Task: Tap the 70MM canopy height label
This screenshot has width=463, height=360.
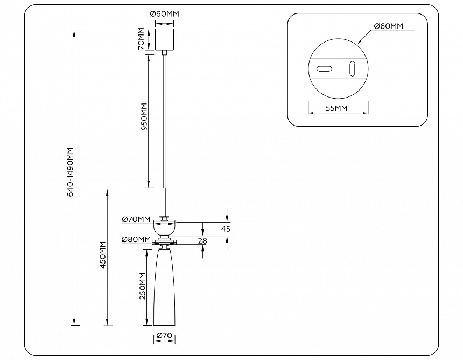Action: click(141, 39)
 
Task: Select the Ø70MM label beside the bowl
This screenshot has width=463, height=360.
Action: click(136, 219)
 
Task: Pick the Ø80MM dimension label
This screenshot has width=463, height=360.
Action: click(136, 239)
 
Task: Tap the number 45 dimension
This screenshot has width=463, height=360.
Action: click(226, 229)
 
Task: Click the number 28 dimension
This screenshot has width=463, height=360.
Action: click(202, 240)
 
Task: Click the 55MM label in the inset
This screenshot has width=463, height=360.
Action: click(337, 108)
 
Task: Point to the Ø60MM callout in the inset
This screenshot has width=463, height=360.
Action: click(388, 26)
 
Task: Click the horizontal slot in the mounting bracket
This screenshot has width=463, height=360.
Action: click(324, 69)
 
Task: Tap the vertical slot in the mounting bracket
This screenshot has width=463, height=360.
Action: click(353, 69)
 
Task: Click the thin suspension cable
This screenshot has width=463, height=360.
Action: click(164, 119)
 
